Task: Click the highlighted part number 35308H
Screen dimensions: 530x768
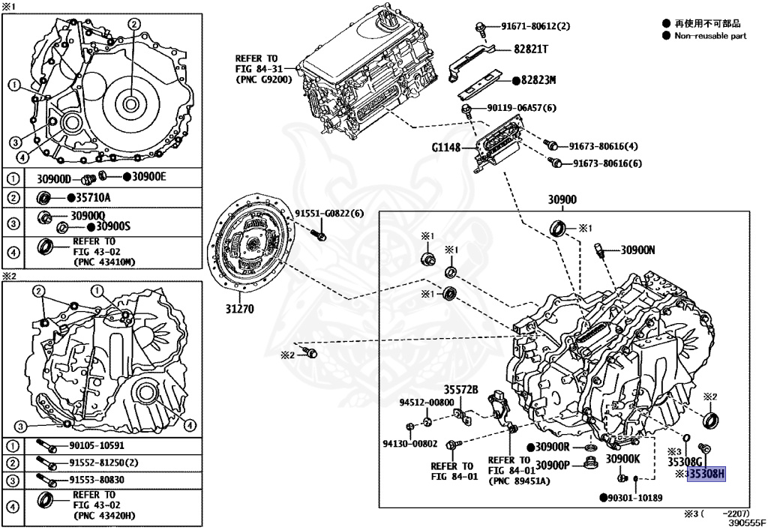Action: (x=707, y=474)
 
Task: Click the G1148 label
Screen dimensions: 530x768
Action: (x=446, y=148)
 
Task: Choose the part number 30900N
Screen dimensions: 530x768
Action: (x=637, y=250)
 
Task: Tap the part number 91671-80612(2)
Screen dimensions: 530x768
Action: (x=535, y=26)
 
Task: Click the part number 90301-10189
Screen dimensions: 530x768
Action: (x=634, y=497)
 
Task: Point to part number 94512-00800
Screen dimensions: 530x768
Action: (x=426, y=403)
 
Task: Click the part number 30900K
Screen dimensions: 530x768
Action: (x=622, y=459)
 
